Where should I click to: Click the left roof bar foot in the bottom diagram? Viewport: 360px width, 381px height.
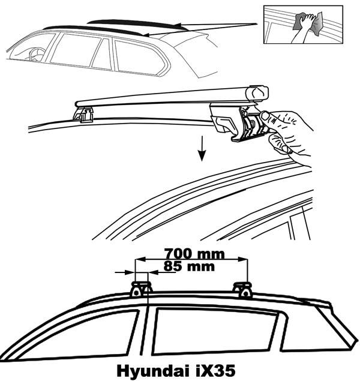click(x=140, y=288)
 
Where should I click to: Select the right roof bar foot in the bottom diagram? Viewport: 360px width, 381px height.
click(x=242, y=289)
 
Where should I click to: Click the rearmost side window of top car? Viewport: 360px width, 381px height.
click(x=135, y=57)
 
